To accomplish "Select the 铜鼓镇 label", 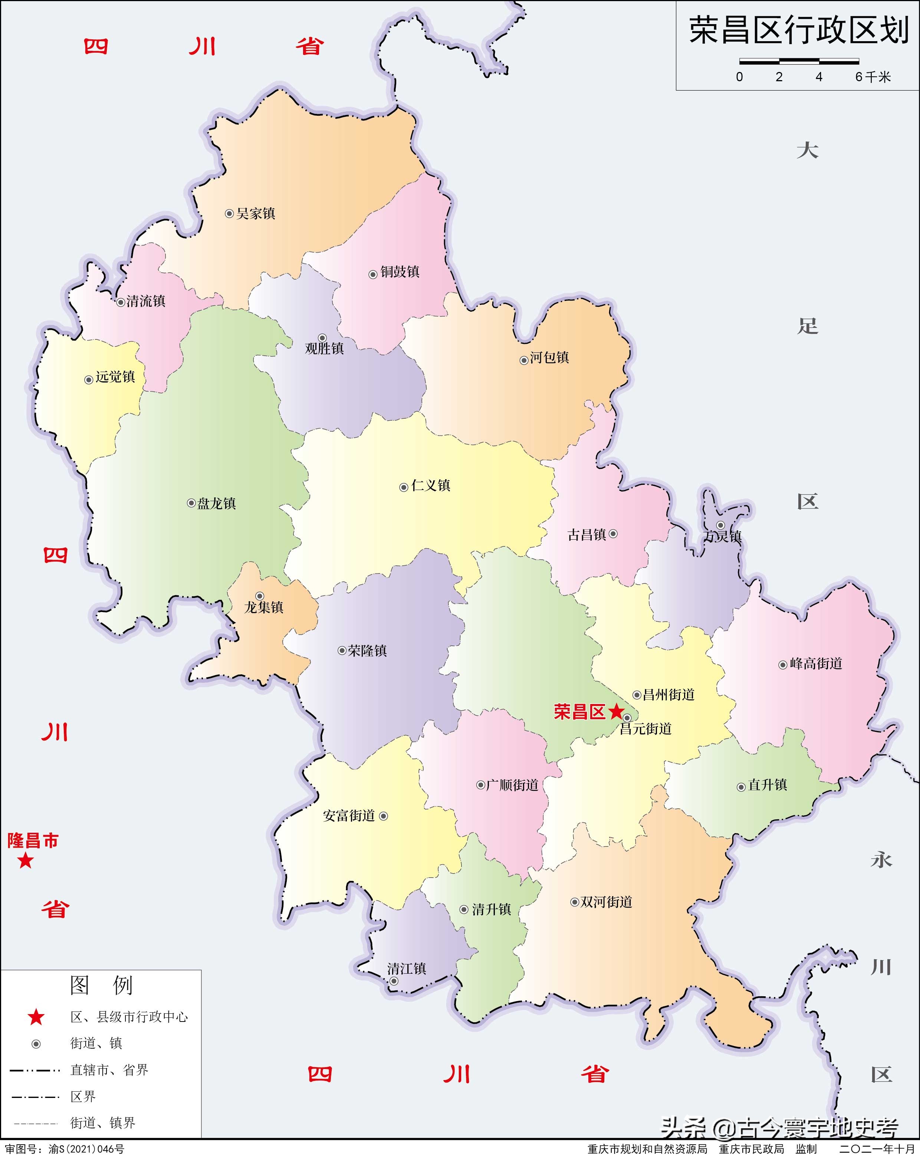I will (x=400, y=272).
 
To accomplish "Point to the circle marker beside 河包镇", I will (x=523, y=360).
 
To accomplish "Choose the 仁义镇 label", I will (x=430, y=486).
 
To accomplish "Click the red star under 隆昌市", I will (x=25, y=861).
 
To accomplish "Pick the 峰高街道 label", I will (x=815, y=664).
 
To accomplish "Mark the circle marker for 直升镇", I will (x=741, y=787).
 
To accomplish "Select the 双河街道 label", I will (x=606, y=902).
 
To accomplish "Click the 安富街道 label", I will (x=349, y=816).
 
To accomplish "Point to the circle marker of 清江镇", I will (x=394, y=981).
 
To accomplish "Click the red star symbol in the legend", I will (x=36, y=1017).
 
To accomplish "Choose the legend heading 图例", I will (x=101, y=986).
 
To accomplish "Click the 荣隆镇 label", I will (x=367, y=651).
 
